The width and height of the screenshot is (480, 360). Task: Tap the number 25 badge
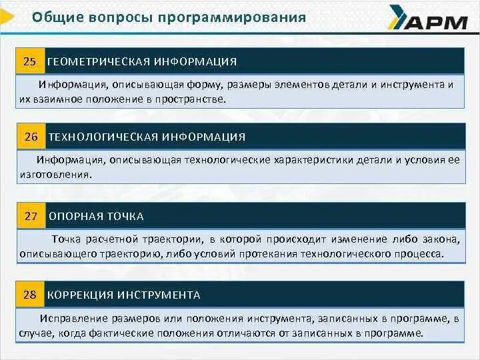(x=30, y=62)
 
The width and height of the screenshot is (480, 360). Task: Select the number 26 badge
(x=31, y=137)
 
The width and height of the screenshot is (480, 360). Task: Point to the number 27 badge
(x=31, y=217)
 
